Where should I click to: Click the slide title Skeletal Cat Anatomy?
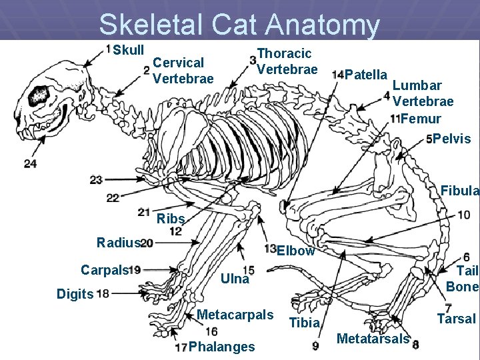(x=239, y=25)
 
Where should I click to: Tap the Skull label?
(x=128, y=51)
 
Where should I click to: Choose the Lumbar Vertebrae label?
(x=423, y=93)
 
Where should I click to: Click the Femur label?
(x=421, y=119)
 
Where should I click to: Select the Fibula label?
(x=459, y=191)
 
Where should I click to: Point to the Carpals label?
(x=103, y=270)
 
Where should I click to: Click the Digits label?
(x=75, y=293)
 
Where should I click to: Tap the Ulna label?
(x=234, y=279)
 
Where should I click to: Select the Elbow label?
(x=295, y=251)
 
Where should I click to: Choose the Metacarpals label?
(x=235, y=314)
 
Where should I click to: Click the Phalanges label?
(x=221, y=347)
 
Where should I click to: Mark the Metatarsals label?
(x=373, y=339)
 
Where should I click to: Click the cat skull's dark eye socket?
(x=39, y=95)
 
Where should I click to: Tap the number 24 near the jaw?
(x=30, y=163)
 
